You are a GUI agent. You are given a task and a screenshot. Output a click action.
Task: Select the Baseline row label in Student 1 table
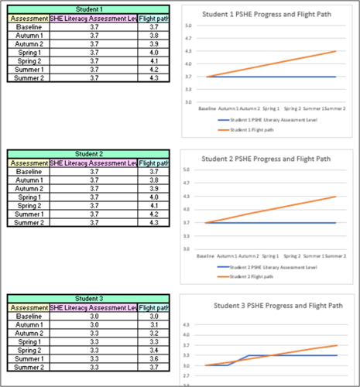click(x=29, y=27)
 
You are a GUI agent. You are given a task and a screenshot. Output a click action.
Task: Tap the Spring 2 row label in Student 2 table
click(x=29, y=206)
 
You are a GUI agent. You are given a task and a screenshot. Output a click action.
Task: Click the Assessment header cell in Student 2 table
click(x=29, y=163)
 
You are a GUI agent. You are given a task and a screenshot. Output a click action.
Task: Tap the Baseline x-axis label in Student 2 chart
click(x=206, y=255)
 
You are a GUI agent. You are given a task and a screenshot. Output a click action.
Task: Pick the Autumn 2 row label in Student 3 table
click(x=29, y=333)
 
